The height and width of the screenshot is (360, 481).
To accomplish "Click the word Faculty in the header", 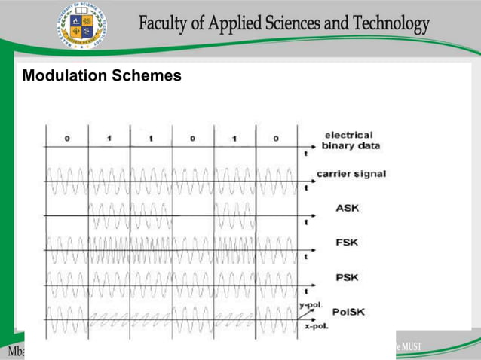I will tap(164, 24).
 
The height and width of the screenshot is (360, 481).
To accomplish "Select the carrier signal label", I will tap(351, 174).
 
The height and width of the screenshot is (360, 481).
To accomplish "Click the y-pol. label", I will tap(311, 305).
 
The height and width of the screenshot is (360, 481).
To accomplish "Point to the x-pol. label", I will tap(315, 326).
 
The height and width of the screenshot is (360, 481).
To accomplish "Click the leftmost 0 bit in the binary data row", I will tap(67, 139).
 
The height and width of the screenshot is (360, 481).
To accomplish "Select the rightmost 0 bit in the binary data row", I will tap(276, 139).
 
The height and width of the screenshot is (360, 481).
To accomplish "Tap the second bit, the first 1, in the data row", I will tap(109, 139).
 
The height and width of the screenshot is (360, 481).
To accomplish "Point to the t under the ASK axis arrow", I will tap(305, 223).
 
